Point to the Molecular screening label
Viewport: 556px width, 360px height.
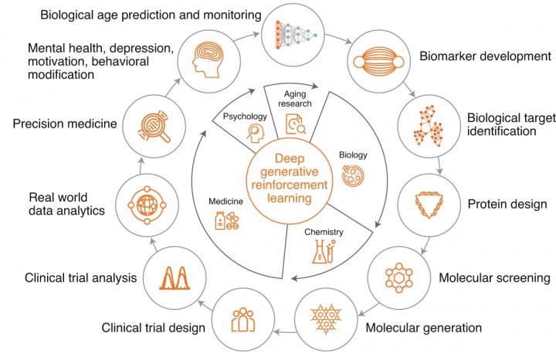[483, 277]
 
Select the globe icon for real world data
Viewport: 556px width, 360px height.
[144, 205]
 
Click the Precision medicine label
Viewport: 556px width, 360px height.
[64, 123]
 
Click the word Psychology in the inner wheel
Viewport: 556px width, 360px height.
[245, 117]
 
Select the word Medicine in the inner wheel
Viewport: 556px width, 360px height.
[225, 202]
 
